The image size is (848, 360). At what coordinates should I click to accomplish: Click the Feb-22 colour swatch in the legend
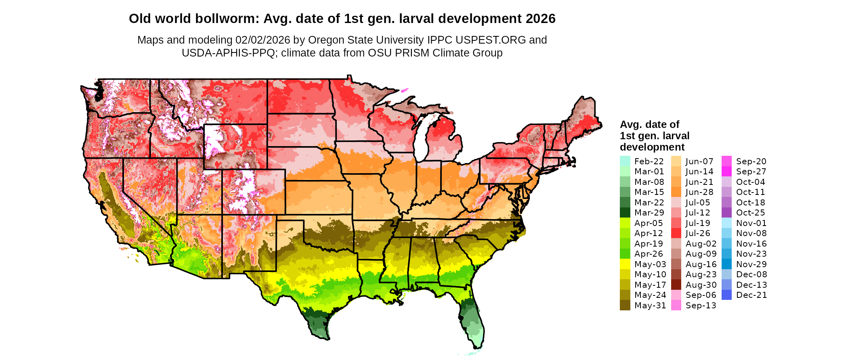click(625, 161)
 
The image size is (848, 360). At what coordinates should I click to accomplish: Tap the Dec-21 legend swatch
click(726, 295)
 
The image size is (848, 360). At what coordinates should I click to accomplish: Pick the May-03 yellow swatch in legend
click(625, 264)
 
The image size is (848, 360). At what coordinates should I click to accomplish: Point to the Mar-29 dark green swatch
click(625, 213)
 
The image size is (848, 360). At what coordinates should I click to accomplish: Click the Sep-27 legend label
click(751, 172)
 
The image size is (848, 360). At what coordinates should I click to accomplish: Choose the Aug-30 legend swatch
click(676, 285)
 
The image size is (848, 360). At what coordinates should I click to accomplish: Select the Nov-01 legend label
click(751, 223)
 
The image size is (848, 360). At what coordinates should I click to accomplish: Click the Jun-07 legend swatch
click(676, 161)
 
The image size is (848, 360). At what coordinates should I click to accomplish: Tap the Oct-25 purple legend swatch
click(726, 213)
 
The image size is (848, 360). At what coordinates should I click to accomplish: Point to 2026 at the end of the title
click(541, 19)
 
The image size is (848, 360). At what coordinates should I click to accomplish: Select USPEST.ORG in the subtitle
click(491, 40)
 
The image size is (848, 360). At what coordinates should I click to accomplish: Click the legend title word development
click(652, 147)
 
